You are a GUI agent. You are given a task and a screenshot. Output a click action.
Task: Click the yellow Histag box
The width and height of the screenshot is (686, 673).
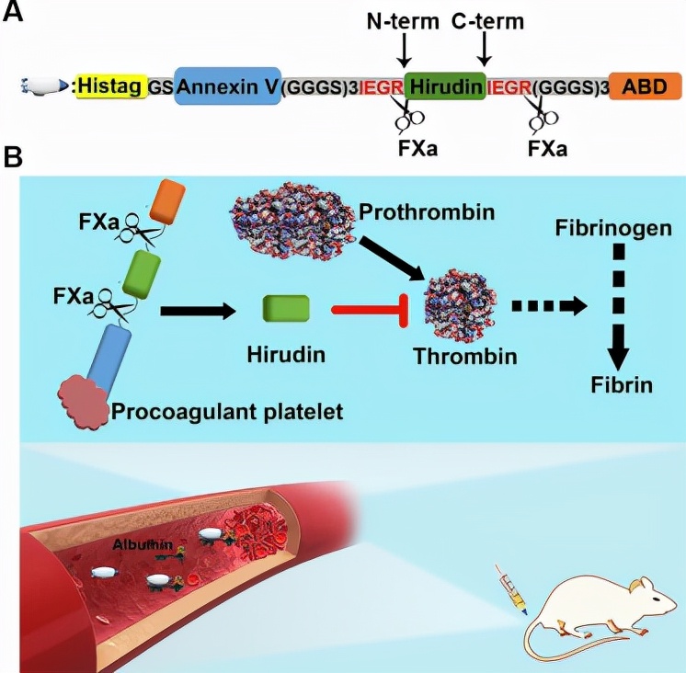(109, 86)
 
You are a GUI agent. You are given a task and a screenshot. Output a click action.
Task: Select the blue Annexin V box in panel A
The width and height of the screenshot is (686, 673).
(227, 87)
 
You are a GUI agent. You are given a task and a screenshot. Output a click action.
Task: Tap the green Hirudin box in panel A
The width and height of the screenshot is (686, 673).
(444, 87)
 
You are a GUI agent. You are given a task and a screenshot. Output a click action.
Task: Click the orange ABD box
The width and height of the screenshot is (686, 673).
(645, 87)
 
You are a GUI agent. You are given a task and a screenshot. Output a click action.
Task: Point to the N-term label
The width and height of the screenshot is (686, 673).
(402, 20)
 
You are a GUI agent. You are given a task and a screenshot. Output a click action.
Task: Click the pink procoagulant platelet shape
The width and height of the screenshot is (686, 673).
(84, 402)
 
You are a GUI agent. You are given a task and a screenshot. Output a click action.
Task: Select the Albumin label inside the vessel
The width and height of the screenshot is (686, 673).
(138, 544)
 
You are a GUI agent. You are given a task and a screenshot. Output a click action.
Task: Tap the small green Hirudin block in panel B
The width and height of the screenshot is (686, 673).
(285, 309)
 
